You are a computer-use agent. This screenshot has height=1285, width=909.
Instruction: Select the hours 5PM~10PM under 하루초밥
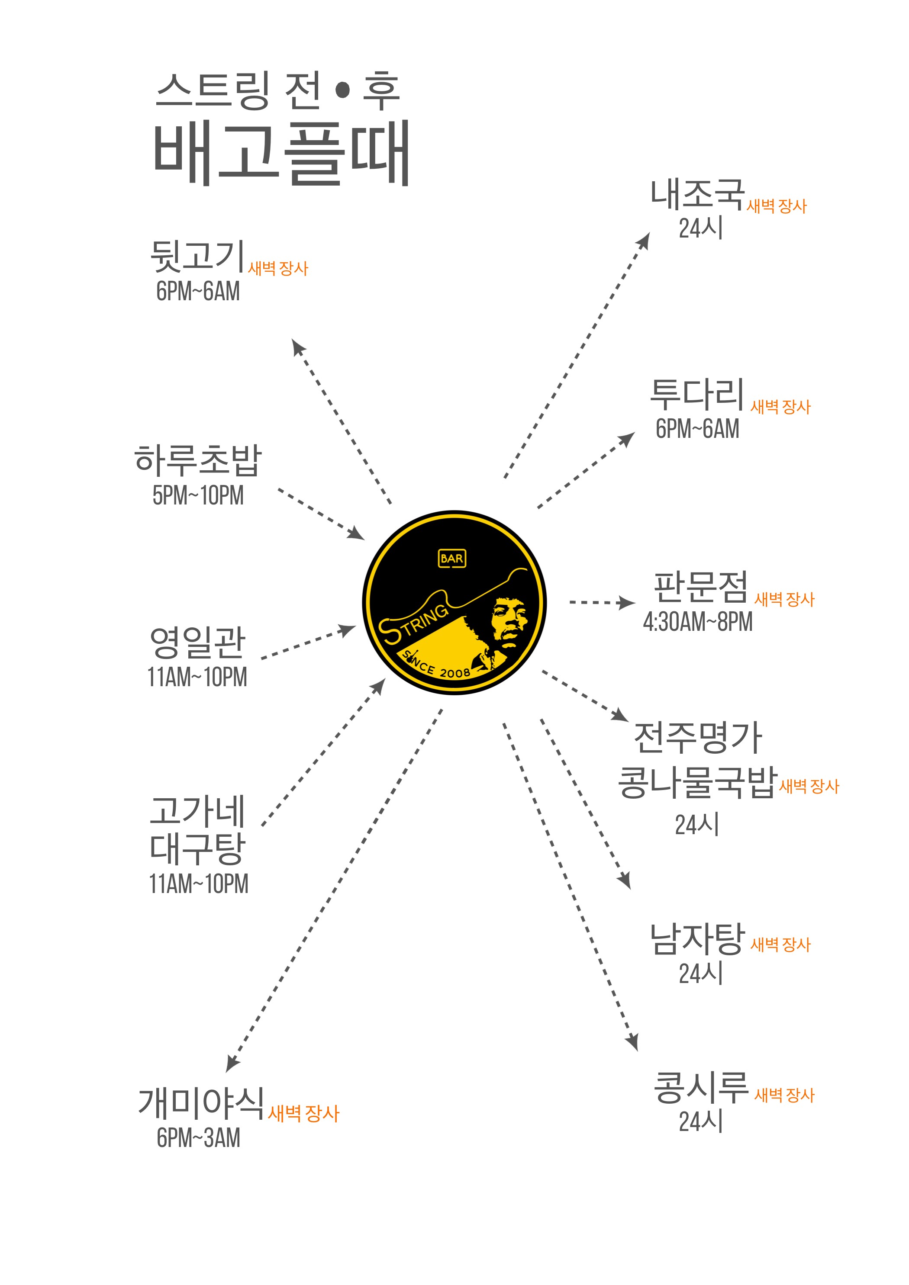click(x=198, y=495)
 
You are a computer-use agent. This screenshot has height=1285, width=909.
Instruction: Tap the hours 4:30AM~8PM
click(x=697, y=622)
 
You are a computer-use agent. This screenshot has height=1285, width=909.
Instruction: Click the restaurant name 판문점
click(x=700, y=587)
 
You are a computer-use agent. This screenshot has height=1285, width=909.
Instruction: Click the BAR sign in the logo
click(x=451, y=559)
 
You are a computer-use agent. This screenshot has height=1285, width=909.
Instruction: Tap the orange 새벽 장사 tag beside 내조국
click(x=776, y=206)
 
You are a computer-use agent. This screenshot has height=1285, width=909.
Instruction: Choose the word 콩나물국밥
click(x=697, y=782)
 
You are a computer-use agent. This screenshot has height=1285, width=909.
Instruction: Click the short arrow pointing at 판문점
click(x=602, y=603)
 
